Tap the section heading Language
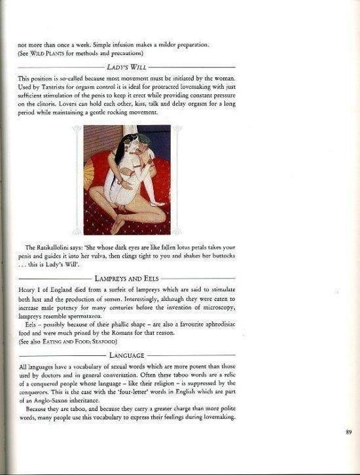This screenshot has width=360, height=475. point(126,355)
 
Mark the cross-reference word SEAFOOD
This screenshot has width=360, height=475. point(102,342)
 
